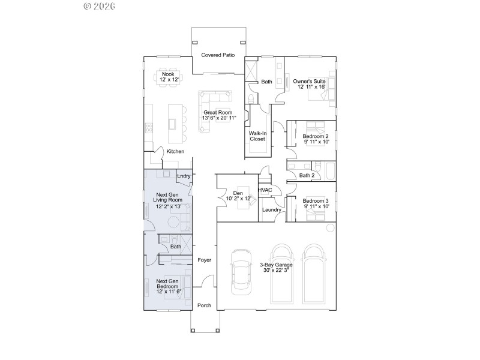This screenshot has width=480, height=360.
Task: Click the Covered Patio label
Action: (x=217, y=55)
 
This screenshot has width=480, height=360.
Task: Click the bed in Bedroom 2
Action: (x=314, y=127)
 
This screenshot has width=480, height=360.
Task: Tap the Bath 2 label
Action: (x=306, y=176)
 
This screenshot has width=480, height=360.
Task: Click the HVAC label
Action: (x=265, y=190)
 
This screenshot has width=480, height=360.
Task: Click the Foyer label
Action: (x=205, y=260)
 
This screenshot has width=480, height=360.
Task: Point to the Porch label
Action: (x=204, y=305)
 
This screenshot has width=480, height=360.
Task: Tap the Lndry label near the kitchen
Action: (x=184, y=175)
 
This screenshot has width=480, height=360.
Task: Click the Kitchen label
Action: (x=175, y=151)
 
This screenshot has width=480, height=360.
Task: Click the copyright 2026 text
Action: (x=100, y=6)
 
